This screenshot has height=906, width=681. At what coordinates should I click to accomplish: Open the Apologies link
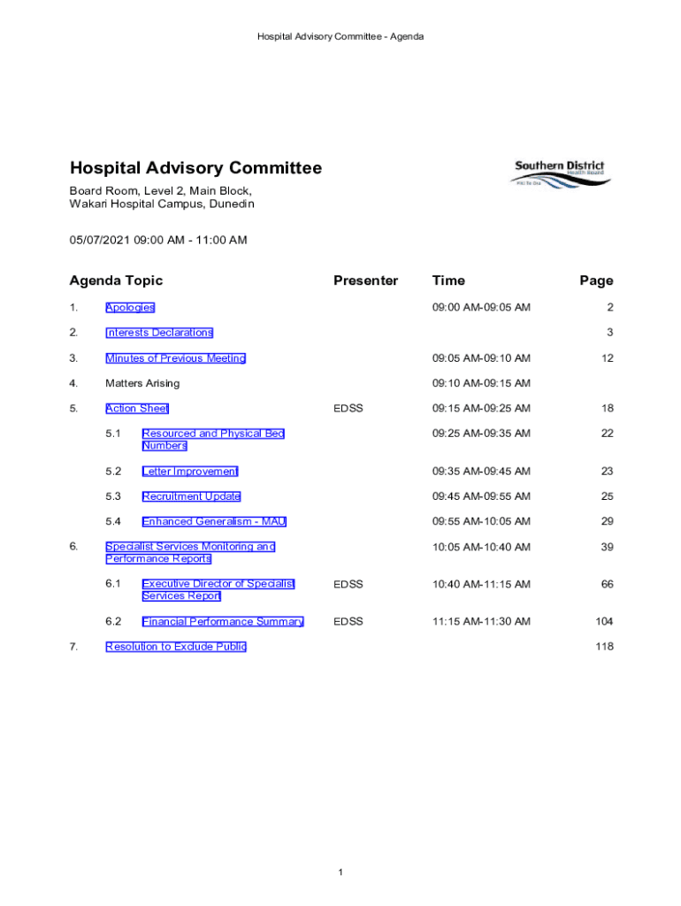tap(130, 307)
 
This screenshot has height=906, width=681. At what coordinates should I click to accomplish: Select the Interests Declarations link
tap(159, 333)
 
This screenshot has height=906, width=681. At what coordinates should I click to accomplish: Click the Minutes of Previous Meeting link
tap(175, 358)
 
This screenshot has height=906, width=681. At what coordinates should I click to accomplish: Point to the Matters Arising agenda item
tap(142, 383)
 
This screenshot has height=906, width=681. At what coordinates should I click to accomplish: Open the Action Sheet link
tap(137, 408)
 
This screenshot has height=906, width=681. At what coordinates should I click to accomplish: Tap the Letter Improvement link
tap(190, 472)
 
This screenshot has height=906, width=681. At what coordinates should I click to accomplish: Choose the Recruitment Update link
tap(191, 496)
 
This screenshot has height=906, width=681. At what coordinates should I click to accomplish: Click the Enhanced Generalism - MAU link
tap(214, 521)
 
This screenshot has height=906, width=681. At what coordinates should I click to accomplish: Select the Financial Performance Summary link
tap(223, 622)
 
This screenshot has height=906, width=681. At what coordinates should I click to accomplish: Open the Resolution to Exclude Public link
tap(176, 647)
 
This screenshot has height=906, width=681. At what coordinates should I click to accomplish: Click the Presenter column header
tap(365, 280)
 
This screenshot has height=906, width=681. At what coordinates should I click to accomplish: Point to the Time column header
tap(448, 280)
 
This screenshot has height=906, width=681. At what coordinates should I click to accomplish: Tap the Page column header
tap(596, 280)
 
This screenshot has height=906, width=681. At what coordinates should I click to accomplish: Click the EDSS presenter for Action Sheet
tap(348, 408)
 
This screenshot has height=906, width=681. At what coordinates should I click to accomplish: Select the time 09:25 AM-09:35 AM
tap(481, 434)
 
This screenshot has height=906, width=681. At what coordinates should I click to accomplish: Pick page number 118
tap(604, 647)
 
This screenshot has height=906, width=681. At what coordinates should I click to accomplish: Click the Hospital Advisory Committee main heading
tap(195, 168)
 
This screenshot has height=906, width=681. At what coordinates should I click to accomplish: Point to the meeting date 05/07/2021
tap(100, 240)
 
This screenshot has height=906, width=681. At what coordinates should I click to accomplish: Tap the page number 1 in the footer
tap(340, 873)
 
